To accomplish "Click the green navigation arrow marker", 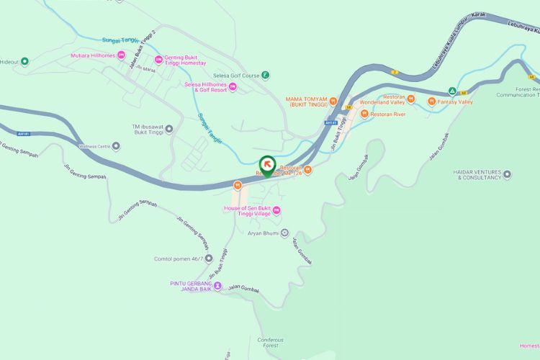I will [x=266, y=165].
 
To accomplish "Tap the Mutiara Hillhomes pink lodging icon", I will [x=121, y=55].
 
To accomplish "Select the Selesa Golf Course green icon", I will [x=266, y=74].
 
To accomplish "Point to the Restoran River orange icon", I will [x=365, y=114].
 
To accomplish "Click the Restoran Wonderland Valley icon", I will [x=410, y=99].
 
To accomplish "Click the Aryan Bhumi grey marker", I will [x=284, y=233].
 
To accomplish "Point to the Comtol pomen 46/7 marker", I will [x=209, y=258].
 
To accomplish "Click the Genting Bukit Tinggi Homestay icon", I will [x=159, y=58].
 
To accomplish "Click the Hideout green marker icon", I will [x=25, y=61].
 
